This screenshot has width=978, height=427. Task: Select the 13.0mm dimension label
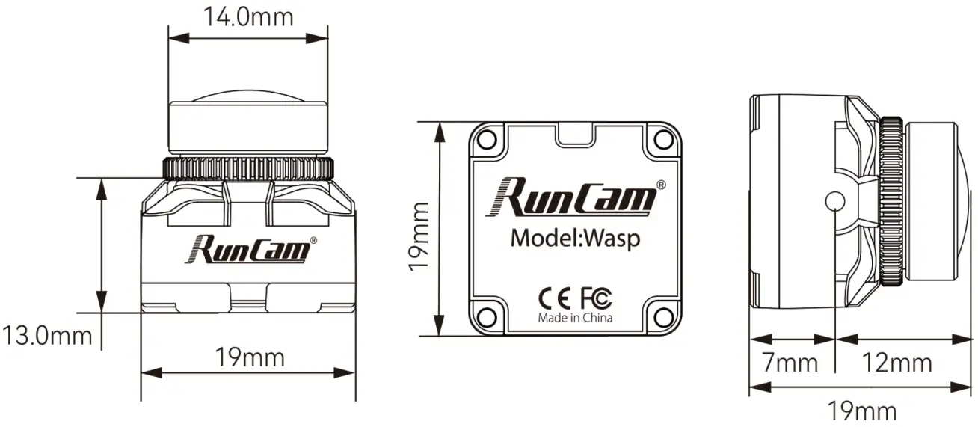[46, 334]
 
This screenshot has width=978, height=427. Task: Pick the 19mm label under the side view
[861, 411]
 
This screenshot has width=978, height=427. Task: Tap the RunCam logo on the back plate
[576, 197]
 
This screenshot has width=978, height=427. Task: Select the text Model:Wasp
[575, 239]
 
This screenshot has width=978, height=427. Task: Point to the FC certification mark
[595, 298]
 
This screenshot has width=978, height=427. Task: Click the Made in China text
[575, 318]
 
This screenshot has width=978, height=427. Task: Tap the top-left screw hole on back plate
[487, 139]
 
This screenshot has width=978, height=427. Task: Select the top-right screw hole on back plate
[662, 139]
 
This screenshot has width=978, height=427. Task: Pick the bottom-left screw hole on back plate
[487, 316]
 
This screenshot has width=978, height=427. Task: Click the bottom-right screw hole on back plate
[662, 316]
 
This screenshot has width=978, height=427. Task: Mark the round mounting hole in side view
[834, 201]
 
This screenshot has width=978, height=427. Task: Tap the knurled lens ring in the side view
[891, 201]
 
